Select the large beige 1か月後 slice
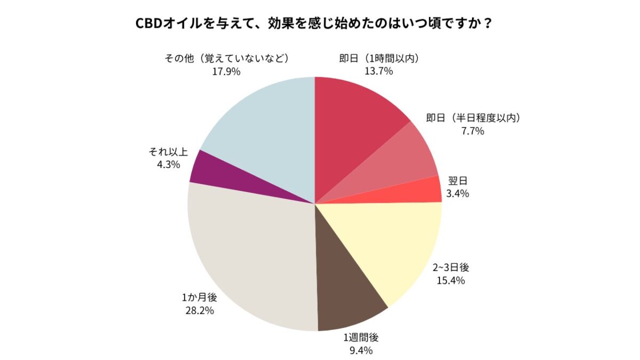point(251,256)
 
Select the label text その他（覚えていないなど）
point(226,58)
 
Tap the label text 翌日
point(457,181)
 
